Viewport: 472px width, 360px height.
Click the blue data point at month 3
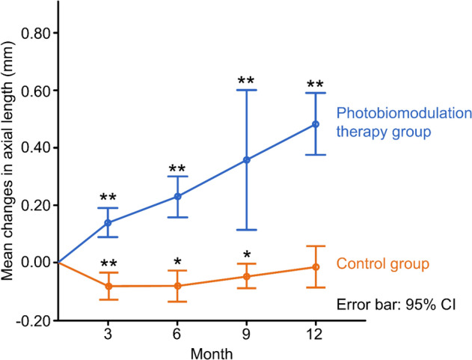108,222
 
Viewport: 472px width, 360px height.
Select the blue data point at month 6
177,196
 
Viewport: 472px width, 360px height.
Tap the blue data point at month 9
246,159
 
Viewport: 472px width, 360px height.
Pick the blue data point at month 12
315,124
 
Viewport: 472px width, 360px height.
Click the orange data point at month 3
108,286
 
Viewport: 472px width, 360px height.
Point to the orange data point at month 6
177,285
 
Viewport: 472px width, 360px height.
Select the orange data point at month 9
246,276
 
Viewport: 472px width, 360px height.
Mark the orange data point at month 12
315,267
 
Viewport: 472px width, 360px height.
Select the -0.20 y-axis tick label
36,320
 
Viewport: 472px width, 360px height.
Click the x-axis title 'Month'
212,350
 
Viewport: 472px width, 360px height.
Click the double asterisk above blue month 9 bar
246,80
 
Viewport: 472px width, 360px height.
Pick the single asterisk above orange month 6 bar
177,261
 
